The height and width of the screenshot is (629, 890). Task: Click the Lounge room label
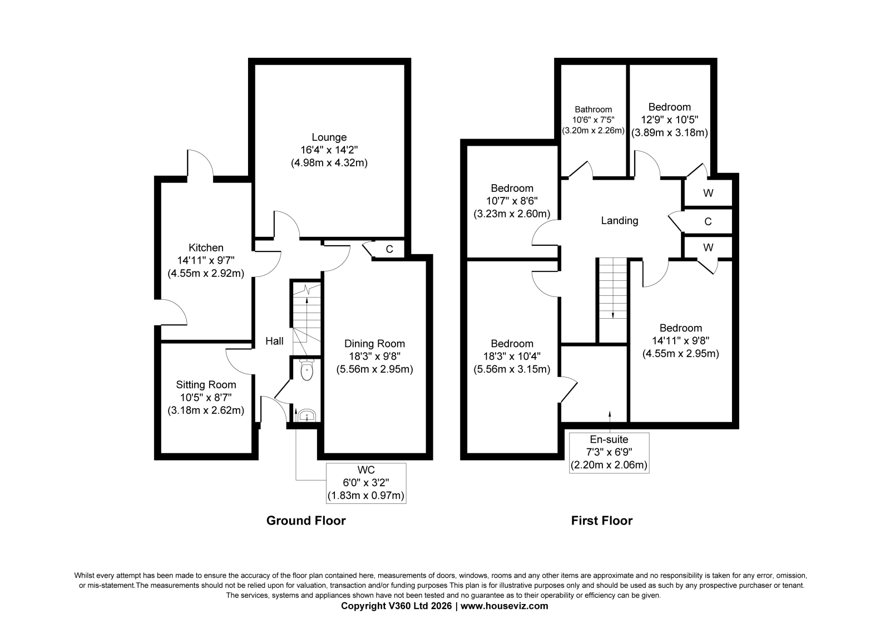tap(329, 137)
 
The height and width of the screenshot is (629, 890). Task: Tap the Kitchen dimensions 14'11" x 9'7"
tap(206, 261)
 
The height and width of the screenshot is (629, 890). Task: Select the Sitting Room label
tap(206, 385)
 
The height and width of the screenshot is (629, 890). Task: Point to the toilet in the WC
tap(306, 370)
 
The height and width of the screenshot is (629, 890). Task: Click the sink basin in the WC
tap(306, 415)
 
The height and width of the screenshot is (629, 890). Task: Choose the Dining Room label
tap(375, 344)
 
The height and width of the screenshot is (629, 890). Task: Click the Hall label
tap(274, 341)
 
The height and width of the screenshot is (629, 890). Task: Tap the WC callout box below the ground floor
tap(366, 483)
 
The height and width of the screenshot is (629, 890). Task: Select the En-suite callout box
tap(609, 453)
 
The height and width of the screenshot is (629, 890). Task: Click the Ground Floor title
tap(306, 521)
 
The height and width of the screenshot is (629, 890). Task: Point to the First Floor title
tap(601, 521)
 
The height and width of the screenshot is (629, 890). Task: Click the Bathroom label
tap(593, 110)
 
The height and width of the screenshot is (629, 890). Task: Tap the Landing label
tap(620, 221)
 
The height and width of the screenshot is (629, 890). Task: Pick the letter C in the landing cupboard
tap(708, 222)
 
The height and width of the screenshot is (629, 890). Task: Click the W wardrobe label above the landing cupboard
tap(708, 193)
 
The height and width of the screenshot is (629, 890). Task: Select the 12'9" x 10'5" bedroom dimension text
tap(670, 120)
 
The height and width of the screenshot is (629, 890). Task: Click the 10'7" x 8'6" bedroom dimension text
tap(512, 201)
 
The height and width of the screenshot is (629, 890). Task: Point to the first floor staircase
tap(612, 300)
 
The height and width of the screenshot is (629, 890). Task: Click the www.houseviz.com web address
tap(504, 606)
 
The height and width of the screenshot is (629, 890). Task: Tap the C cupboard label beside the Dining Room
tap(389, 249)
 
